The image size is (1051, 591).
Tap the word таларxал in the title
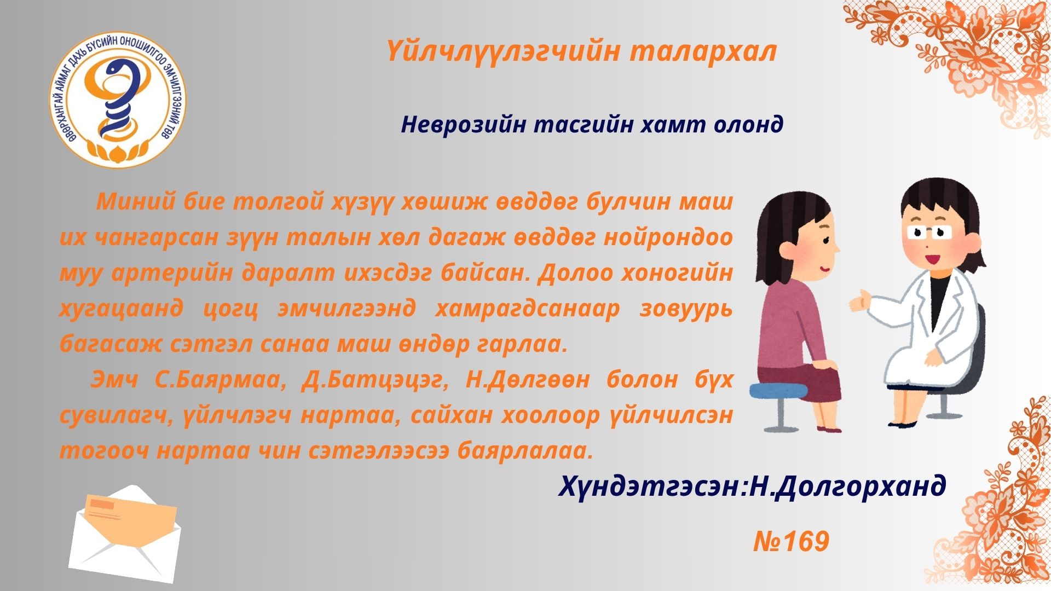[703, 51]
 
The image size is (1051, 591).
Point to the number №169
[792, 542]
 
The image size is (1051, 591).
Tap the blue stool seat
[778, 391]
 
